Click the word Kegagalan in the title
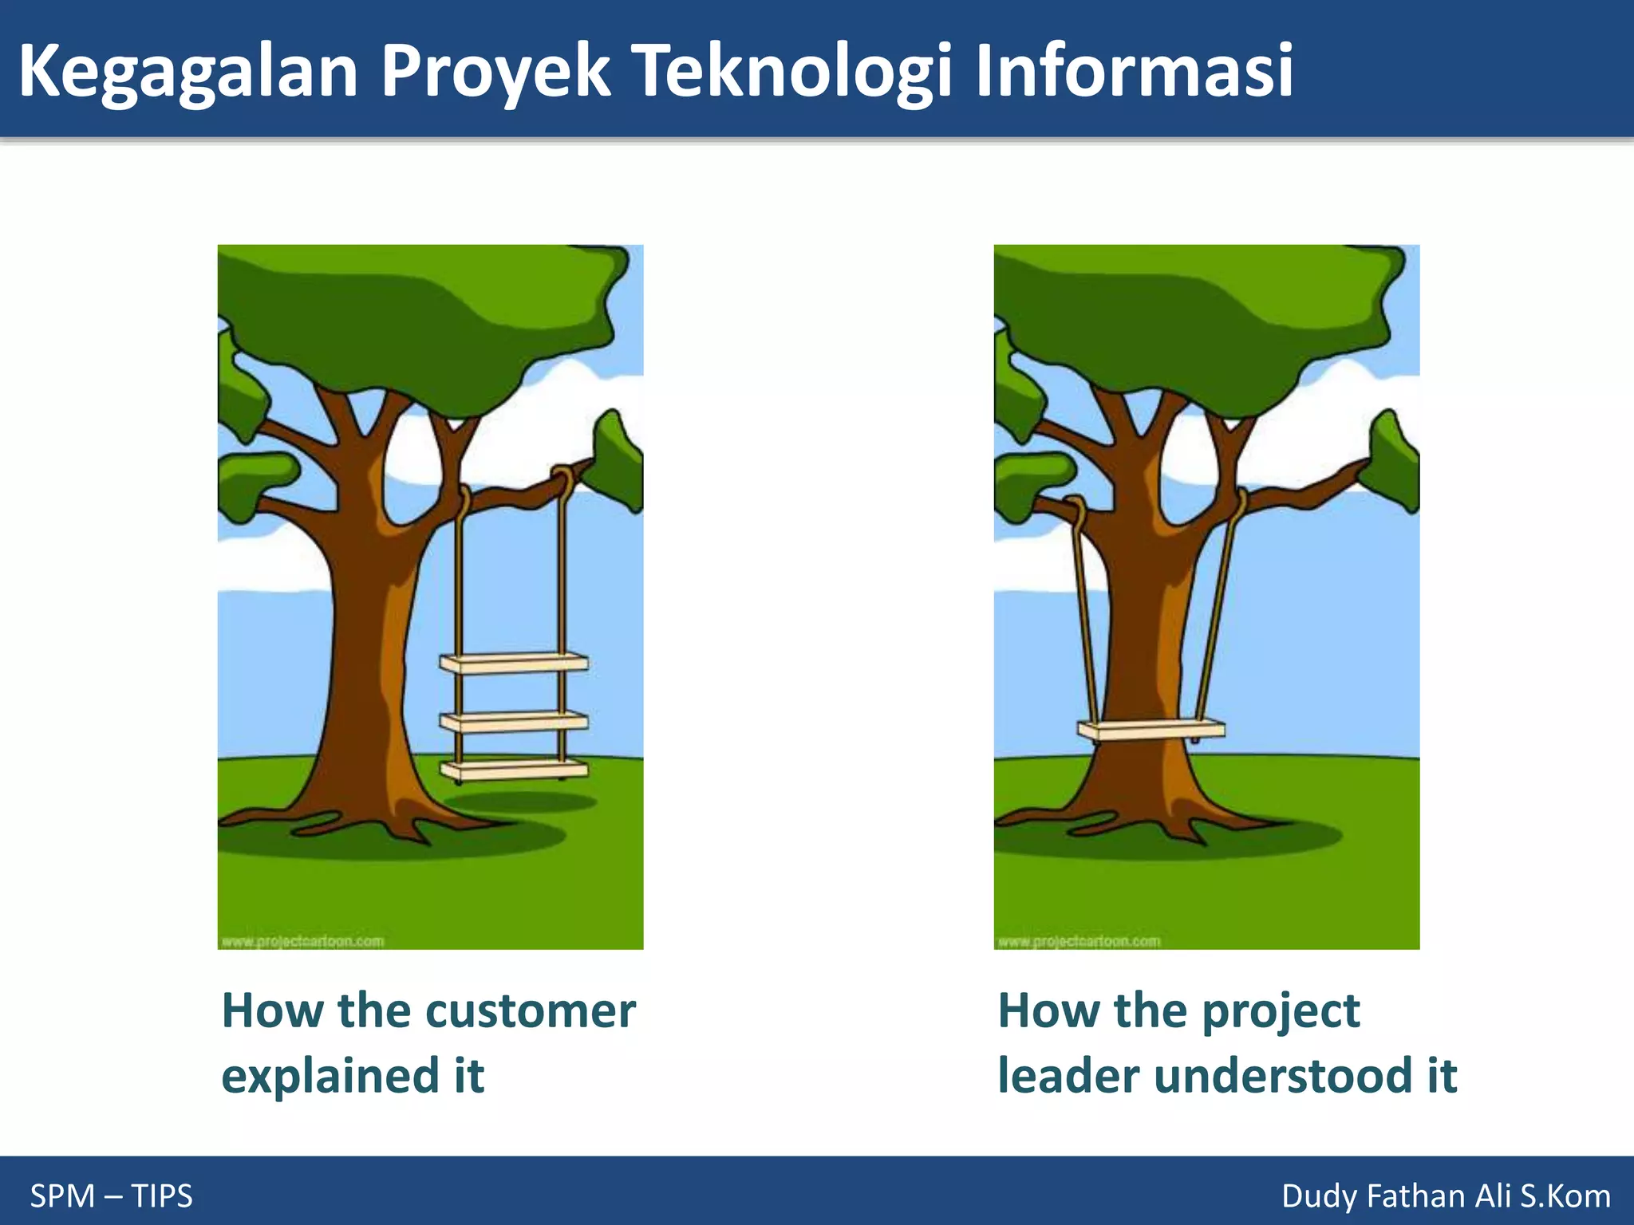coord(187,72)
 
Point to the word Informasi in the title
coord(1133,72)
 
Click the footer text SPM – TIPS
coord(111,1195)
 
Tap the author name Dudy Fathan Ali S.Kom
coord(1446,1195)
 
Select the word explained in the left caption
coord(330,1076)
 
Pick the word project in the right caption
coord(1281,1011)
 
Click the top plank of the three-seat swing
coord(515,663)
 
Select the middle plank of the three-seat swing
coord(515,723)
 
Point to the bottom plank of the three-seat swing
coord(515,770)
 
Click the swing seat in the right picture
coord(1151,729)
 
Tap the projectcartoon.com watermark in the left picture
coord(302,941)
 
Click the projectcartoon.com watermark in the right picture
coord(1079,941)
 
